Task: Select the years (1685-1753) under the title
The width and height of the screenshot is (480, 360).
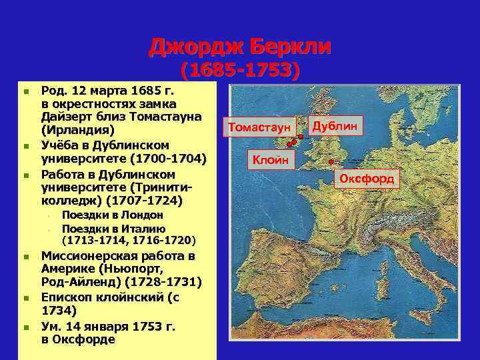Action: click(x=240, y=71)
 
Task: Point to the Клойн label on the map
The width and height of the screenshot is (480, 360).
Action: click(x=270, y=159)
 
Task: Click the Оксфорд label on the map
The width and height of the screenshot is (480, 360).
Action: click(x=368, y=178)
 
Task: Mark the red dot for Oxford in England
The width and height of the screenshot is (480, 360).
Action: click(x=332, y=161)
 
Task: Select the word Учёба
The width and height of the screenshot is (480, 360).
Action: click(x=61, y=145)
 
